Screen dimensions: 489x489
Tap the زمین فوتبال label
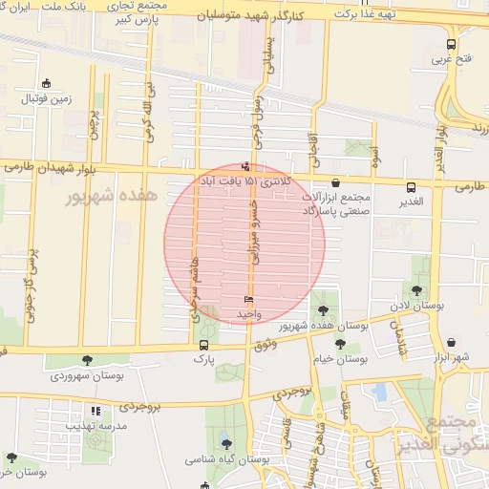point(48,98)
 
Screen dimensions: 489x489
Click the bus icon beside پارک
point(203,345)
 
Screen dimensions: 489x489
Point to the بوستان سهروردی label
point(88,375)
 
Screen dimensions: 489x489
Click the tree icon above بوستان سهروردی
point(88,360)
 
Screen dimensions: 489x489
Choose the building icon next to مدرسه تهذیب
point(95,412)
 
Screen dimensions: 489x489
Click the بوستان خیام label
point(341,360)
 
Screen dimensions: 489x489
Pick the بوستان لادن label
point(417,307)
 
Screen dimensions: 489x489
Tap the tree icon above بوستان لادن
point(416,290)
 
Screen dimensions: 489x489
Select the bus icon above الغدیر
point(411,187)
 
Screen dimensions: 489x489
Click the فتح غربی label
point(453,59)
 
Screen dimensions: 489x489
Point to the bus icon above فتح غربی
point(452,43)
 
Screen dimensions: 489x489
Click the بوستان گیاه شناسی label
point(226,459)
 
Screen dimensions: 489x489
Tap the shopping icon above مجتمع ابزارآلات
point(335,183)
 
